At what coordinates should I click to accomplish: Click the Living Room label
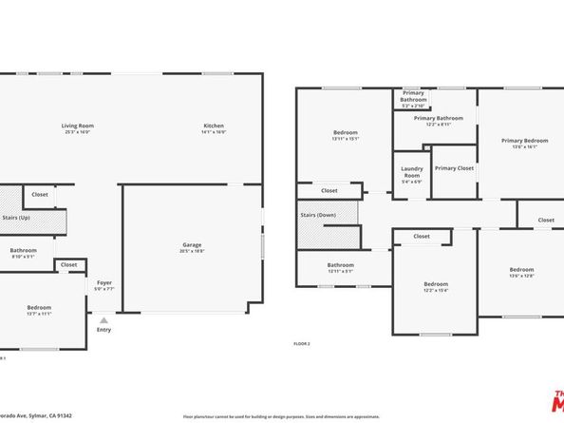pos(78,125)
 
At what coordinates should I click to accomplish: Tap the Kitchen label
pos(214,125)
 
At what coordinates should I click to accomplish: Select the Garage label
pos(192,245)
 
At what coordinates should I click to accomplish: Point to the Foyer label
pos(104,282)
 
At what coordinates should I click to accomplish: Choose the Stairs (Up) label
pos(17,218)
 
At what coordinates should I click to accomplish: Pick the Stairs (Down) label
pos(319,215)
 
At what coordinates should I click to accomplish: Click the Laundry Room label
pos(412,172)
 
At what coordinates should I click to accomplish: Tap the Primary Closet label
pos(454,168)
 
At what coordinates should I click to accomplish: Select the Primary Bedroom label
pos(524,141)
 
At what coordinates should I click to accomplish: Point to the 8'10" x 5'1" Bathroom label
pos(23,250)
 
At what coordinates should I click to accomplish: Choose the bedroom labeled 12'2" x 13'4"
pos(436,284)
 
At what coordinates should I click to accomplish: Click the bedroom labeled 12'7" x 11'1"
pos(40,307)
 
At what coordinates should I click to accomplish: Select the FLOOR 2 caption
pos(302,343)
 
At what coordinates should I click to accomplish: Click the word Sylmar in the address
pos(36,416)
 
